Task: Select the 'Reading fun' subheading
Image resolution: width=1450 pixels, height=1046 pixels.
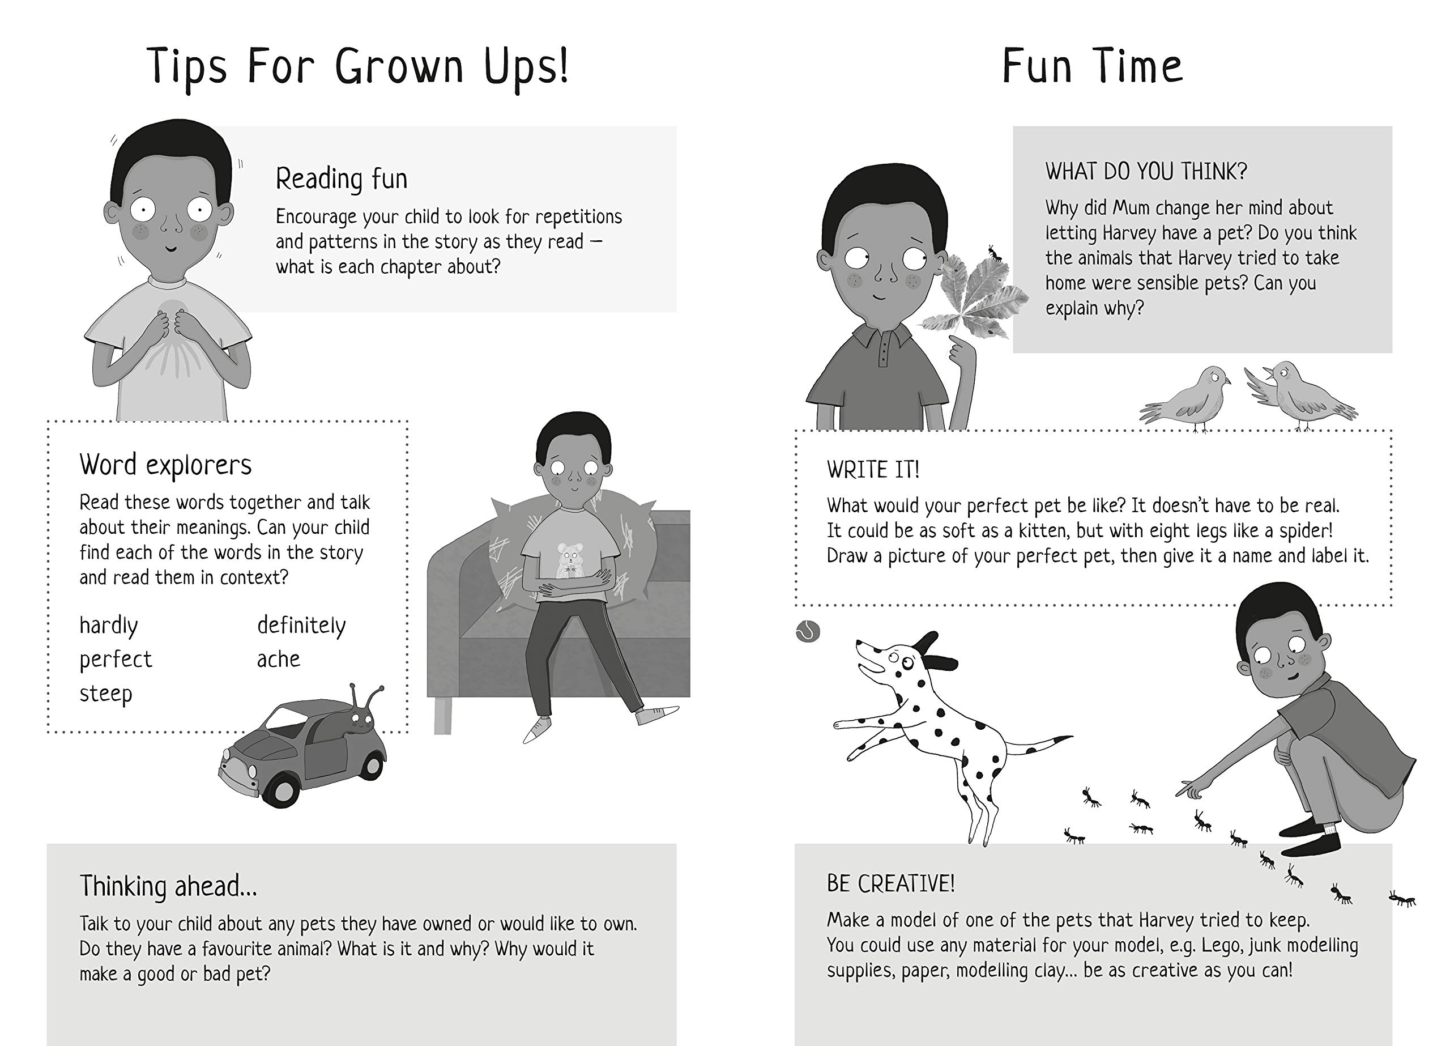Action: (342, 178)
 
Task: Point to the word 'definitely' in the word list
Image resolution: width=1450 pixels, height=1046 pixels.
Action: (301, 625)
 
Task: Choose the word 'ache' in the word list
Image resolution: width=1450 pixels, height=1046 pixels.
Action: (279, 659)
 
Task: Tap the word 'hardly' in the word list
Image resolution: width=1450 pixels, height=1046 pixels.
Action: (109, 626)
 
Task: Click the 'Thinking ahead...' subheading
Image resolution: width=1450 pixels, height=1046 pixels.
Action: (169, 887)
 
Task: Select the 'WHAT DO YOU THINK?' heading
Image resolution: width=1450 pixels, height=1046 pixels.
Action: (1146, 172)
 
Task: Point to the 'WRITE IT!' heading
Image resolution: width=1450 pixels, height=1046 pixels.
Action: (873, 470)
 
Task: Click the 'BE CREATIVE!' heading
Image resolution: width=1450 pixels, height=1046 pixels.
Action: (890, 883)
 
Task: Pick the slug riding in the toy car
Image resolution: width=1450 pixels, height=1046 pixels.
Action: (361, 714)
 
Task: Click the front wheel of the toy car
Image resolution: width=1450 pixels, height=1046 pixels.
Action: (279, 792)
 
